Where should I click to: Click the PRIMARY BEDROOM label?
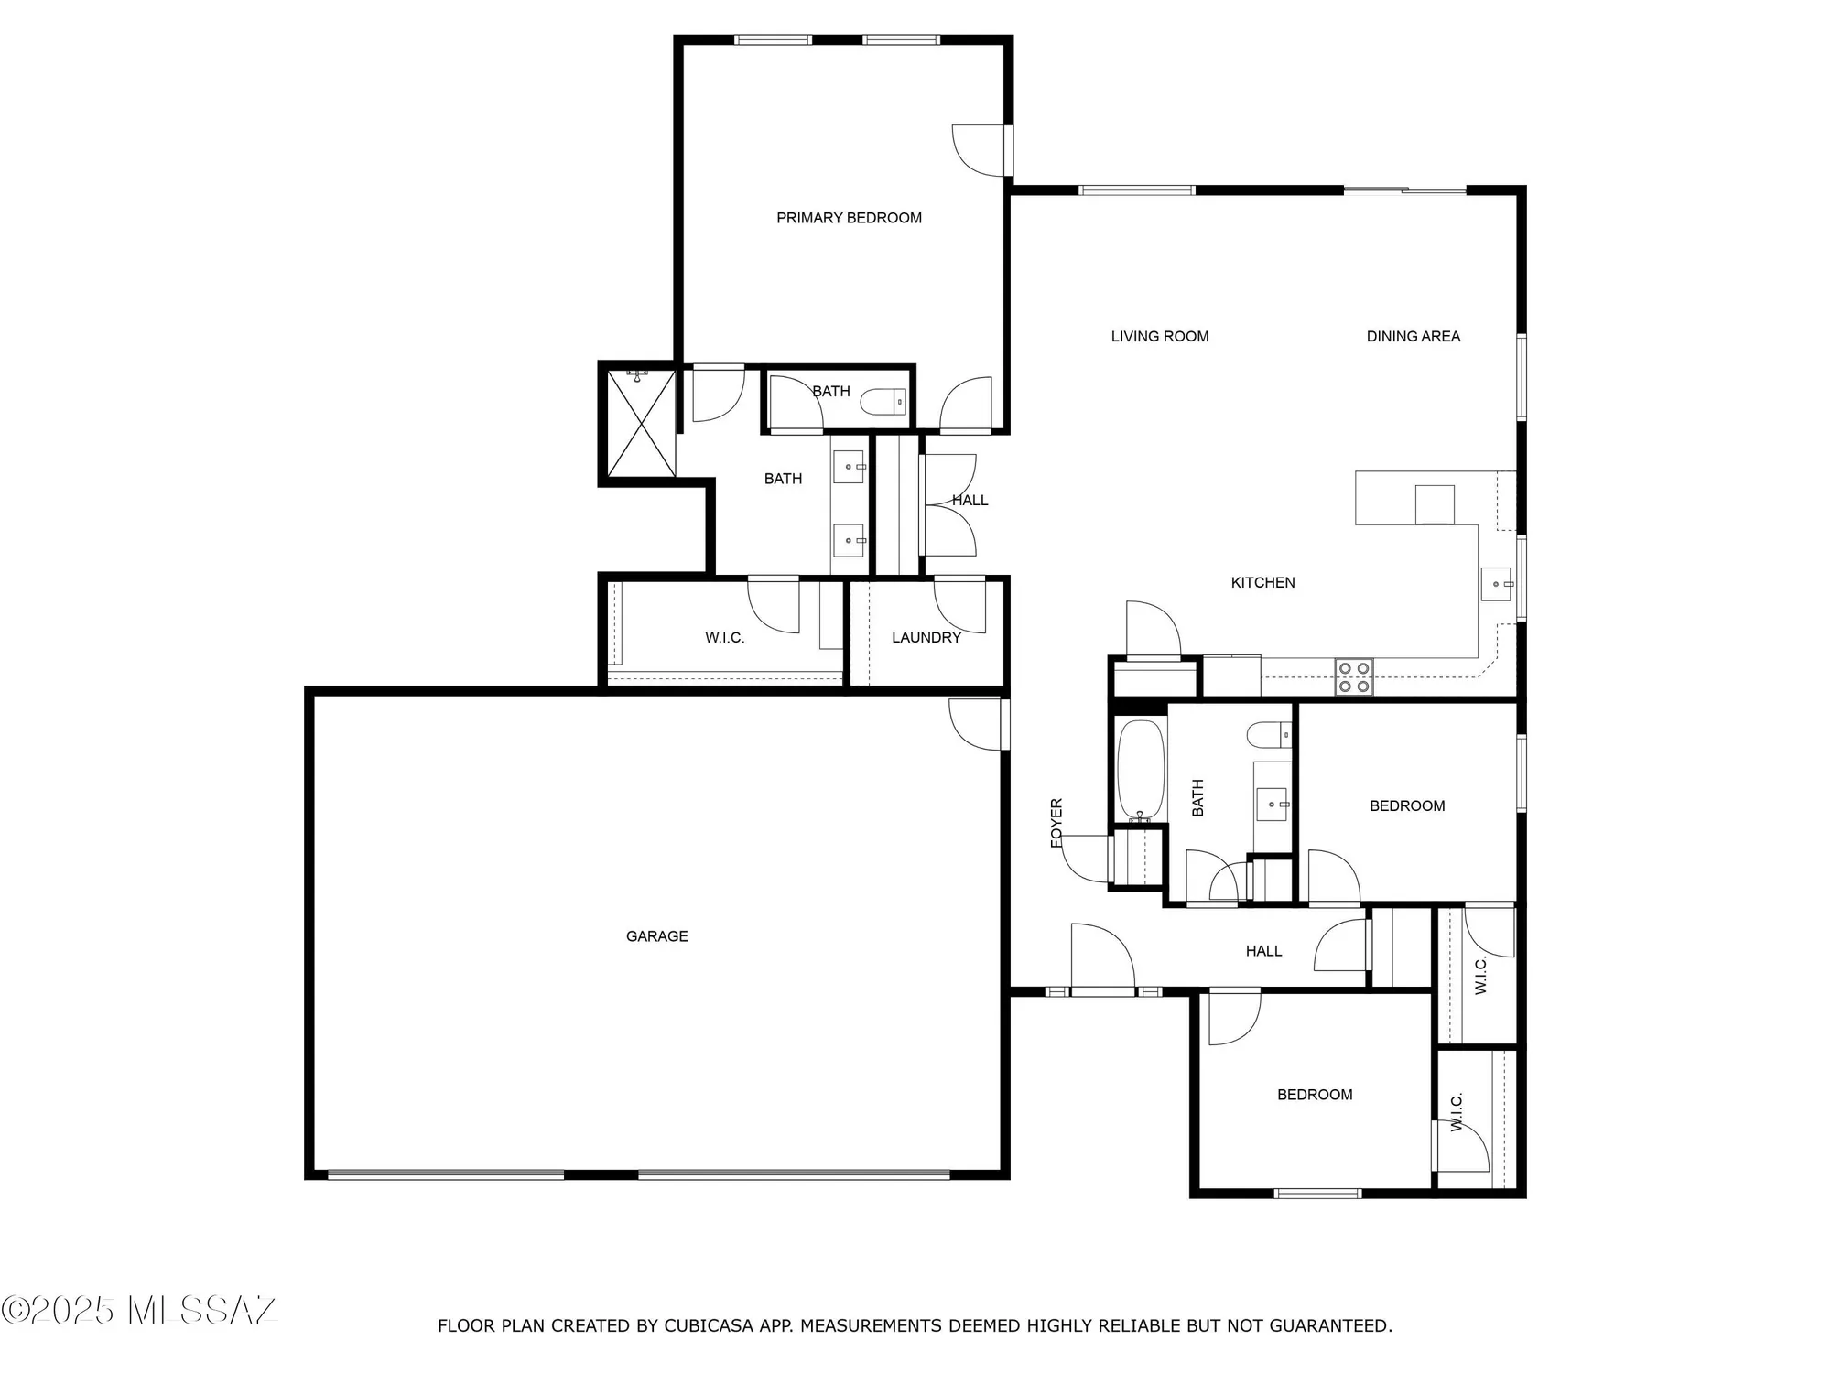click(x=849, y=218)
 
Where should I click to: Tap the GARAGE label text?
click(x=656, y=936)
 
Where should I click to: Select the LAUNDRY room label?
click(x=926, y=638)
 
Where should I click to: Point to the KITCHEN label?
click(x=1262, y=583)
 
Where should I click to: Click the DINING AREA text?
click(x=1413, y=337)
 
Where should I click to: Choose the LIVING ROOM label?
click(x=1159, y=337)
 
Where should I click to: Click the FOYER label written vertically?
click(x=1056, y=822)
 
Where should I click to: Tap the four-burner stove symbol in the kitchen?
click(x=1353, y=677)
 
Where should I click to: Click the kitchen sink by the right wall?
click(x=1496, y=584)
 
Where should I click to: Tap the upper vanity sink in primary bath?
click(x=849, y=467)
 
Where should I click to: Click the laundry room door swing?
click(x=959, y=605)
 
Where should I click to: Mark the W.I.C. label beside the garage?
click(x=724, y=638)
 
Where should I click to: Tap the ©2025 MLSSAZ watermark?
click(x=137, y=1310)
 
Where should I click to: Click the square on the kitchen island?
click(x=1434, y=504)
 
